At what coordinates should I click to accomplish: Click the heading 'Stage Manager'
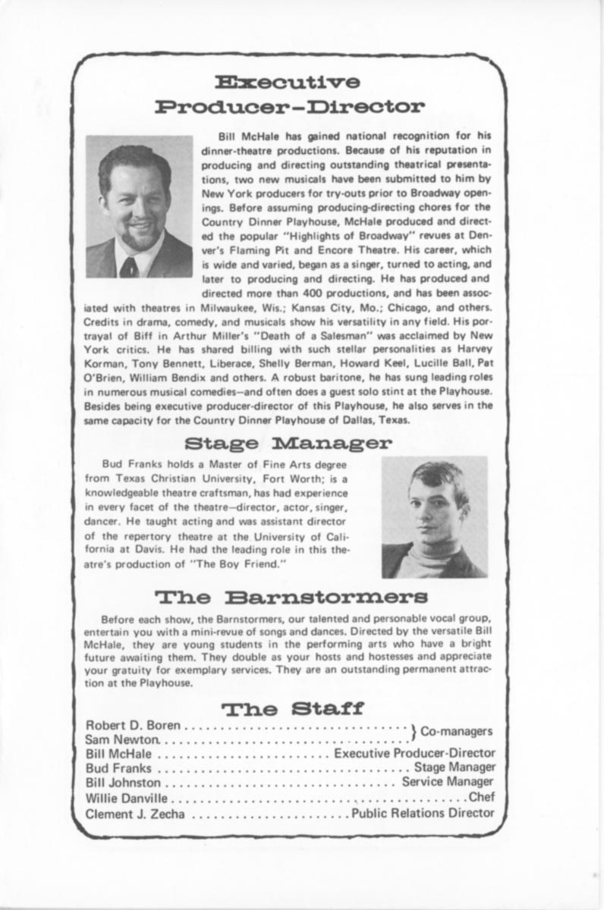[288, 442]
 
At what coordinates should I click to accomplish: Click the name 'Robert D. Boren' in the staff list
[134, 726]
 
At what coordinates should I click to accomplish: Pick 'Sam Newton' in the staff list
[123, 739]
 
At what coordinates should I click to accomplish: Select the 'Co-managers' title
[457, 732]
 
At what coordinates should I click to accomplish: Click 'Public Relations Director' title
[423, 813]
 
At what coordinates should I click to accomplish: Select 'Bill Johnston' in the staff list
[124, 783]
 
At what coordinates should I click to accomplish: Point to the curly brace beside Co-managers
[414, 733]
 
